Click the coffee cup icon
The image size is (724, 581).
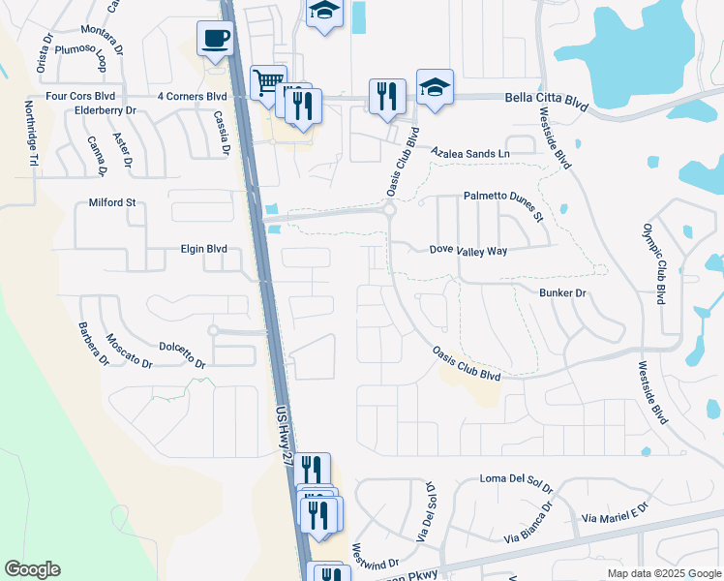[215, 40]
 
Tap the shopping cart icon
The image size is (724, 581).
[267, 81]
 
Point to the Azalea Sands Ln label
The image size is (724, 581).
[469, 154]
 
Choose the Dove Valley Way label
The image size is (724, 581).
[468, 250]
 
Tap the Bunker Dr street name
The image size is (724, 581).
[561, 291]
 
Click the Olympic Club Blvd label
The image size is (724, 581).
[655, 264]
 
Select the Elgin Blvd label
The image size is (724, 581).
[203, 249]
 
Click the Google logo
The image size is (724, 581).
[32, 569]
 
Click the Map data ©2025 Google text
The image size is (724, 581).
[663, 573]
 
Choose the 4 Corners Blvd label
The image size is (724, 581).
[192, 97]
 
